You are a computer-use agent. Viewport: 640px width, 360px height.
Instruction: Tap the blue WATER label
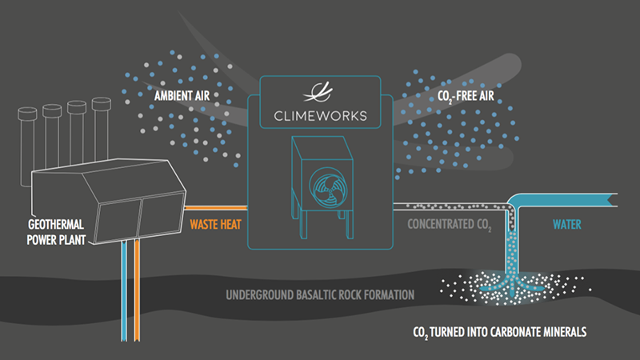pos(570,225)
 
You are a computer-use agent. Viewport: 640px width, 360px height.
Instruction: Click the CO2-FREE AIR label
pos(468,100)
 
